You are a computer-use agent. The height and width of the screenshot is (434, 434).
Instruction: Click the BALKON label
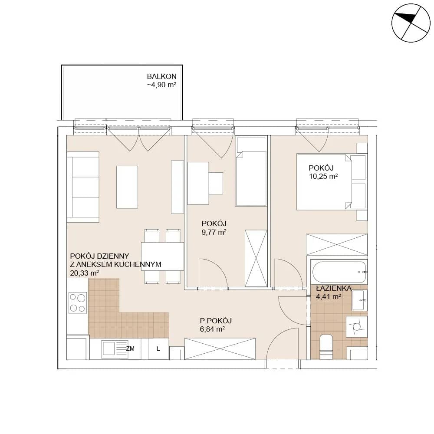click(x=161, y=76)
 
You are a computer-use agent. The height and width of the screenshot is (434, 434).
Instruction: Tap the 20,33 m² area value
click(x=85, y=273)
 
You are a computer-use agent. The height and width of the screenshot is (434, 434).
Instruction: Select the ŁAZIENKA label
click(x=334, y=288)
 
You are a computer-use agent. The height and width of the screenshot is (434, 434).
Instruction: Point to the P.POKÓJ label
click(x=216, y=321)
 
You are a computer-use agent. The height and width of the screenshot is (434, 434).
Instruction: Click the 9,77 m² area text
click(x=214, y=232)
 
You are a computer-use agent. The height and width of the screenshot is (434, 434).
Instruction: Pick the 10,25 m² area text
click(x=323, y=176)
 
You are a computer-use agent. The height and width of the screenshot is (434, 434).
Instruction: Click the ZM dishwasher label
click(x=130, y=349)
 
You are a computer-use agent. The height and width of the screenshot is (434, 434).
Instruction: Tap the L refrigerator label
click(x=158, y=349)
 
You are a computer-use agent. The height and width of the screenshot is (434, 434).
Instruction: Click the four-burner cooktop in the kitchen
click(x=78, y=303)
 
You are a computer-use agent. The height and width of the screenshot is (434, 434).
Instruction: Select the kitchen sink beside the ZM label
click(x=115, y=349)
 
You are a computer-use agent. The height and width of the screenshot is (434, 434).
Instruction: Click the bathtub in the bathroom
click(x=339, y=272)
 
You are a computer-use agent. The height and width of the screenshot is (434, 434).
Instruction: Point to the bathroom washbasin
click(x=359, y=300)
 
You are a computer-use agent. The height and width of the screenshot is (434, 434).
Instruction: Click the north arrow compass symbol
click(x=411, y=23)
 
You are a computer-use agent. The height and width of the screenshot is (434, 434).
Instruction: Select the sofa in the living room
click(x=83, y=187)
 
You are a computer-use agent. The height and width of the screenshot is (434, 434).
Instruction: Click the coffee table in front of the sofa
click(x=127, y=187)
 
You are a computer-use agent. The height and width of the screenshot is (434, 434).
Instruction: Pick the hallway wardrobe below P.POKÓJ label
click(x=220, y=349)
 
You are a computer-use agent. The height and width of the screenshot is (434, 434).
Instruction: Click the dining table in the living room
click(x=162, y=256)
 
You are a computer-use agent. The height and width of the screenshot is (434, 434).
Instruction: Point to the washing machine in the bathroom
click(x=356, y=327)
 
